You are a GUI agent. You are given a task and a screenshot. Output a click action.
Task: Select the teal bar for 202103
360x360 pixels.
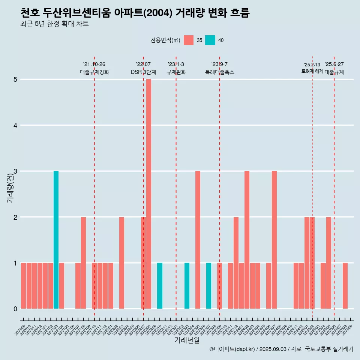pos(56,240)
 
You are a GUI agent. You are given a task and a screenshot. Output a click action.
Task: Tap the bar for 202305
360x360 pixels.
pos(198,240)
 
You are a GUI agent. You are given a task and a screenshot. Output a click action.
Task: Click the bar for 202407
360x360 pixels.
pos(274,240)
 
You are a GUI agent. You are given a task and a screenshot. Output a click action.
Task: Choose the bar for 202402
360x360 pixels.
pos(247,240)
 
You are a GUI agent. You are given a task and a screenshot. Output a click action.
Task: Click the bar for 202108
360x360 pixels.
pos(83,263)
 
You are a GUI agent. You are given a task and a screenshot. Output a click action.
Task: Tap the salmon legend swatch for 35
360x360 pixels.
pos(189,40)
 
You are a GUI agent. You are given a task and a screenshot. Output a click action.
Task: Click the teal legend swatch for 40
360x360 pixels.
pos(210,40)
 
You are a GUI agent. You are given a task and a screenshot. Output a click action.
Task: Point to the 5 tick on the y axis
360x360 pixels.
pos(16,79)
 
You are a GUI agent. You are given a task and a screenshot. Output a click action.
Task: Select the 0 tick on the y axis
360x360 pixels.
pos(16,309)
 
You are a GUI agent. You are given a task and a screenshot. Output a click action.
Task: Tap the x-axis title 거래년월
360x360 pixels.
pos(187,340)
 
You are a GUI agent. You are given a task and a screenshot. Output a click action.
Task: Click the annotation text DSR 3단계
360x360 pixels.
pos(143,72)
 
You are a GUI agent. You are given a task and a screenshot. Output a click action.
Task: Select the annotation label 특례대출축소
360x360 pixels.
pos(220,72)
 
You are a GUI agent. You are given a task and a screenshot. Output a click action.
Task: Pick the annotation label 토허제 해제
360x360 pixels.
pos(312,71)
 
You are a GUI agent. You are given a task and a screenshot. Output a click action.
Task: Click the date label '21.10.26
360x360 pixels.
pos(94,64)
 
